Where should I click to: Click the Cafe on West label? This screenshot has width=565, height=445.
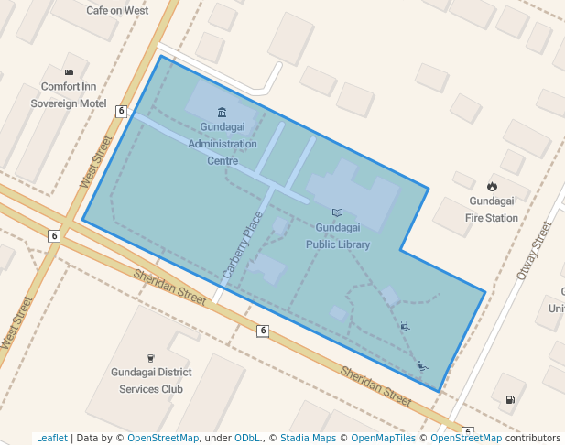click(117, 10)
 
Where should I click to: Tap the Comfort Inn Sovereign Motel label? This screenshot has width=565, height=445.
click(69, 94)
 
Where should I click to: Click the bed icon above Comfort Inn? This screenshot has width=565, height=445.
click(69, 72)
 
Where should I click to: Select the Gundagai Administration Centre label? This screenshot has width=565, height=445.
click(223, 144)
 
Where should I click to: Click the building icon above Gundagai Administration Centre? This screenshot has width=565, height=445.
click(223, 112)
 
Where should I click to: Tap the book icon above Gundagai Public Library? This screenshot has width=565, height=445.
click(338, 212)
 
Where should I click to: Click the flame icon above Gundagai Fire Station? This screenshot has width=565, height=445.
click(492, 186)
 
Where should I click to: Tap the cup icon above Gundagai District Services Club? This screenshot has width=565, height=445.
click(151, 357)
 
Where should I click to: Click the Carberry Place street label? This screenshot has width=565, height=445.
click(242, 244)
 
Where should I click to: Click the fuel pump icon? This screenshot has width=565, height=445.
click(509, 400)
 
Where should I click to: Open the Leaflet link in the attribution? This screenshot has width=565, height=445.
click(51, 438)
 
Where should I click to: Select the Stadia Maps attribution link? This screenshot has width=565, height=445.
click(308, 438)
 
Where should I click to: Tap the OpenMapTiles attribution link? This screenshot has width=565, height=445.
click(384, 438)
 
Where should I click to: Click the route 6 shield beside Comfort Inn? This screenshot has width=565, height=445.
click(122, 111)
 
